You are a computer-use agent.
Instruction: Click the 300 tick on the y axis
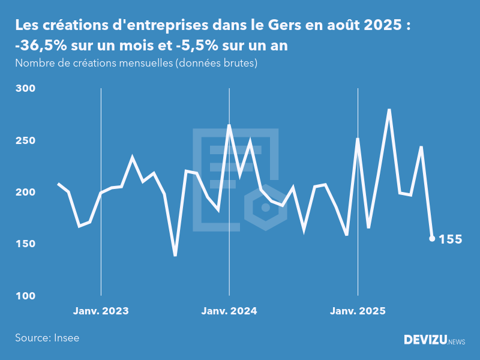click(25, 89)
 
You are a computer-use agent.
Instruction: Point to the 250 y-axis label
click(25, 140)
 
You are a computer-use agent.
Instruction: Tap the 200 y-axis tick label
click(25, 193)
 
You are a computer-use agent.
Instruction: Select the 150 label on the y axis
click(25, 244)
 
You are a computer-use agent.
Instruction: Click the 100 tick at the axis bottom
click(25, 296)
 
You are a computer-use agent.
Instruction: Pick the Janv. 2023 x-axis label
click(101, 311)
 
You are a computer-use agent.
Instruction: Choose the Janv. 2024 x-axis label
click(229, 311)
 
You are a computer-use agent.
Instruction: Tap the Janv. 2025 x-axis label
click(358, 311)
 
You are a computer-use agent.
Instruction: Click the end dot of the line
click(432, 239)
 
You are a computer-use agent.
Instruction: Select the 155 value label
click(451, 239)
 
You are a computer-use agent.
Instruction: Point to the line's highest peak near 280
click(389, 110)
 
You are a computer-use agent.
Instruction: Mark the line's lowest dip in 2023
click(175, 255)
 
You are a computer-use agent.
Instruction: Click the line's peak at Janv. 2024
click(229, 125)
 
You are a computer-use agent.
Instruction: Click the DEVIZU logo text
click(425, 340)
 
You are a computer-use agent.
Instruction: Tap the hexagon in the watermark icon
click(264, 208)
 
